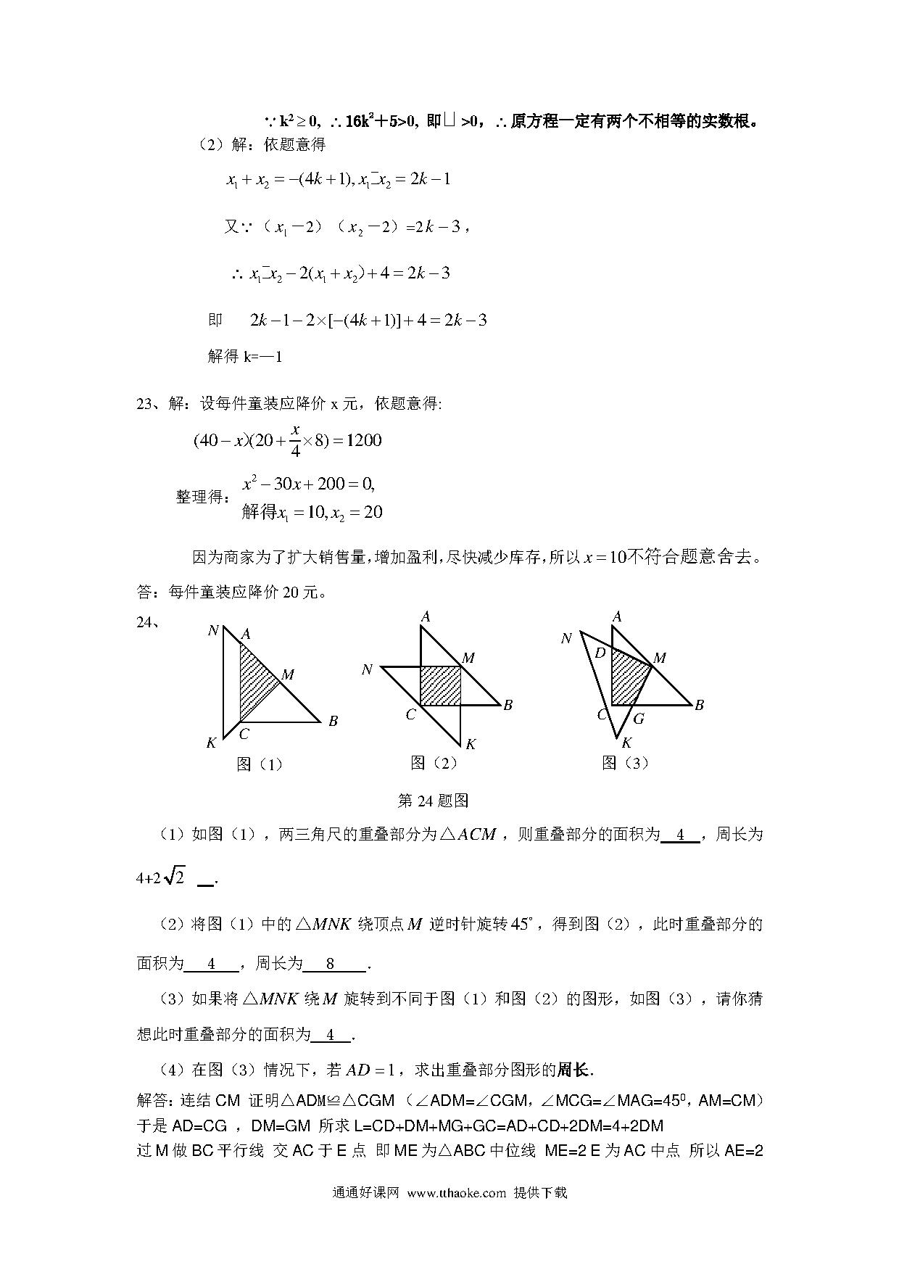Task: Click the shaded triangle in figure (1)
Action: click(x=254, y=678)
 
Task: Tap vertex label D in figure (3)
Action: click(x=600, y=653)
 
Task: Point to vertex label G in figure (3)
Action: click(x=639, y=719)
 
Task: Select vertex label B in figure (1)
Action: click(x=333, y=721)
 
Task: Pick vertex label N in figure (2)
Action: click(x=367, y=669)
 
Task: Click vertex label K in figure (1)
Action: click(x=212, y=743)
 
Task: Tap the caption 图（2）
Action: click(x=434, y=762)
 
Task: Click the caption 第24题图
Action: click(x=434, y=801)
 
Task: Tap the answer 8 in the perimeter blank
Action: click(x=331, y=964)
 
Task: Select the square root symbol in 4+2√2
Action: click(x=175, y=877)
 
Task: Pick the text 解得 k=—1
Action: click(x=244, y=356)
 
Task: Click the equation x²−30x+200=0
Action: click(x=308, y=484)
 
